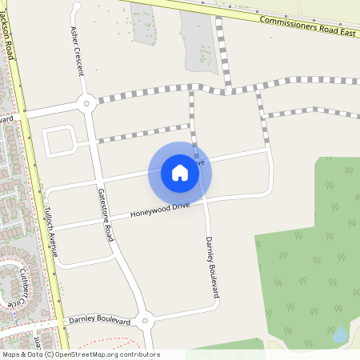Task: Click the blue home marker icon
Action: click(179, 172)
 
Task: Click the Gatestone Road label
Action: click(105, 215)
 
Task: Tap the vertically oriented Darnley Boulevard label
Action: click(211, 268)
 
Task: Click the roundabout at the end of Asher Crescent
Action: click(86, 103)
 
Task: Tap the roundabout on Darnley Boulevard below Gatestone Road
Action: click(144, 322)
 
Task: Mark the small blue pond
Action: click(339, 334)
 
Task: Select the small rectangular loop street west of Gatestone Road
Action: click(59, 142)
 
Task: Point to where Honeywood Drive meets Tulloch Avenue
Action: click(53, 230)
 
